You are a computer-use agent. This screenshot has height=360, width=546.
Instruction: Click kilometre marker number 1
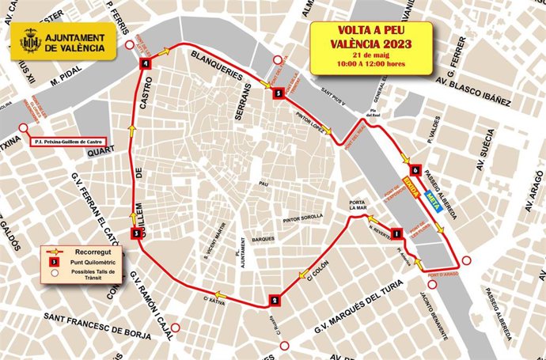pos(396,233)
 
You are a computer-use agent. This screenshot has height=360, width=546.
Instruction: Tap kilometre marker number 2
pos(274,300)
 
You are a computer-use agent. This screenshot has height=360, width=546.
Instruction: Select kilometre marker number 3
pos(137,233)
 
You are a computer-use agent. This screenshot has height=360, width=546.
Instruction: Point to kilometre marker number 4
pos(146,64)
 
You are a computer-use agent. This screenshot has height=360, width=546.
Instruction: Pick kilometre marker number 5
pos(278,93)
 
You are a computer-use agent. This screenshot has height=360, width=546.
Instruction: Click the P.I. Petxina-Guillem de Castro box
pos(68,144)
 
